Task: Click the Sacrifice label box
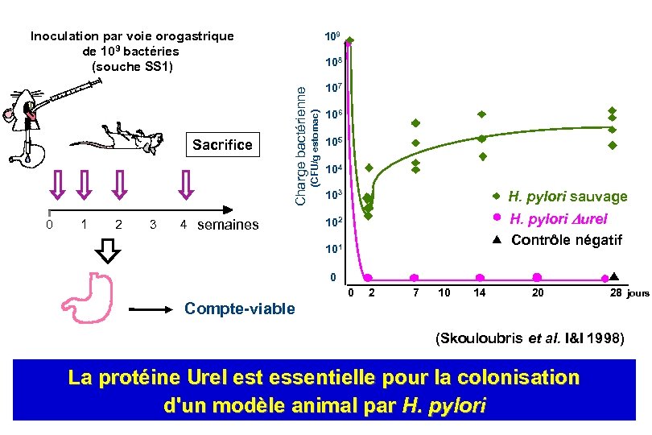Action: (x=222, y=145)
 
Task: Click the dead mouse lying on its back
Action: (x=121, y=139)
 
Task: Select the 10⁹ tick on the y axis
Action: (x=332, y=37)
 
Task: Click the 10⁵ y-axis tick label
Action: (x=332, y=143)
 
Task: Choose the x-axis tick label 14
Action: (x=479, y=293)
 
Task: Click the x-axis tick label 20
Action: (x=537, y=293)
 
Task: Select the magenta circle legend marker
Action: (x=497, y=217)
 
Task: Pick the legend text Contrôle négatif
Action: (x=567, y=240)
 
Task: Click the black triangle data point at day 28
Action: (x=613, y=275)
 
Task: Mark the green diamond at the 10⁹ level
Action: (x=349, y=39)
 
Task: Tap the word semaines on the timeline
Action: (x=228, y=225)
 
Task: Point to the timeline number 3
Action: (x=153, y=224)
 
